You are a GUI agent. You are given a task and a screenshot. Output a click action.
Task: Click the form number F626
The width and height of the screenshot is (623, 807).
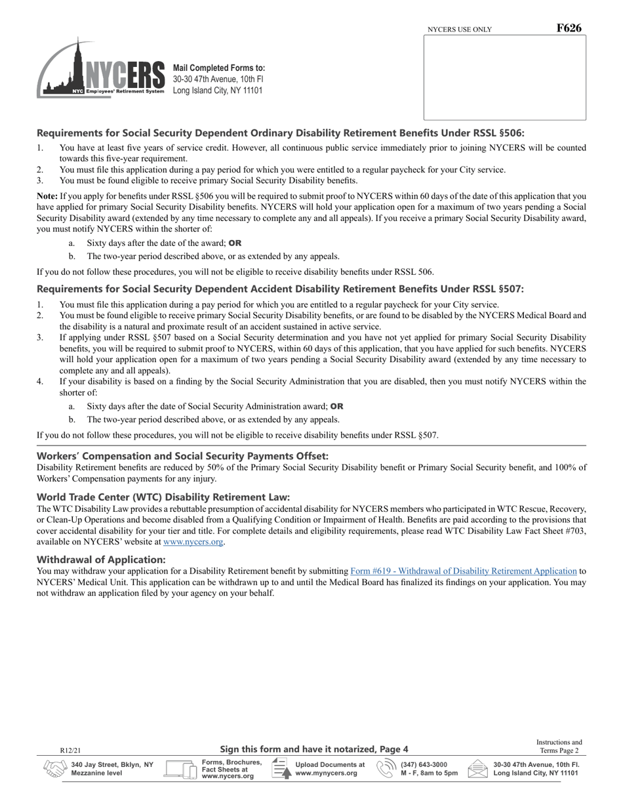569,28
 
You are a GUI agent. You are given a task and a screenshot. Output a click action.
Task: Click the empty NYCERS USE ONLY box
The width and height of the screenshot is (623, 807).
504,77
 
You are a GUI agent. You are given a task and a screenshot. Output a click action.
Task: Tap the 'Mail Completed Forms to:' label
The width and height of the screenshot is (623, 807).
219,68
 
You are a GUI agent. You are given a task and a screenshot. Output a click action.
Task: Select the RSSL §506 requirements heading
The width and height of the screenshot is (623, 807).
281,133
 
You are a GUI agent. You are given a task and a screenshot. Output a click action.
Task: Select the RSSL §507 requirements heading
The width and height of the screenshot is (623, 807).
281,289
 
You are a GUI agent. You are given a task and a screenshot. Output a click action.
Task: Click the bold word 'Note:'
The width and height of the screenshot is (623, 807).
48,196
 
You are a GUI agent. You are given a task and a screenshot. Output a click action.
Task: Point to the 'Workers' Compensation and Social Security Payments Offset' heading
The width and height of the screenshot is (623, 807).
183,456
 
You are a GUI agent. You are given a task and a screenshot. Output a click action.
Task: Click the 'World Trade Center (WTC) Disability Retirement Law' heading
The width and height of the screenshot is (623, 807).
163,497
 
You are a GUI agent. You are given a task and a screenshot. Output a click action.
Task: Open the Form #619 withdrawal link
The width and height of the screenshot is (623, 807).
464,571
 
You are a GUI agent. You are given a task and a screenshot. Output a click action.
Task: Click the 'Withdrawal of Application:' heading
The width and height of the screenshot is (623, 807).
101,560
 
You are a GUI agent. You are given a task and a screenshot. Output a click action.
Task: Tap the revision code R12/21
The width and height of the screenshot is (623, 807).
70,750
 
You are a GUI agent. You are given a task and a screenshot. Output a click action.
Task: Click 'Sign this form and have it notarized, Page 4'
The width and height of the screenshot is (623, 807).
314,749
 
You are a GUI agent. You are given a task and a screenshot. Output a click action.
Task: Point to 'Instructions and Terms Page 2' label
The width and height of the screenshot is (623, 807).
559,747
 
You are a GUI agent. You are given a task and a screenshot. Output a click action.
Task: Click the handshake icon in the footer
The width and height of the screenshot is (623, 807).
55,769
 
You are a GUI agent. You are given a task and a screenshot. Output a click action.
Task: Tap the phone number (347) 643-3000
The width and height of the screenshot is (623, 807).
424,764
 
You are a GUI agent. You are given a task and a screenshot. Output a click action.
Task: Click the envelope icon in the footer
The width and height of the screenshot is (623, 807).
477,769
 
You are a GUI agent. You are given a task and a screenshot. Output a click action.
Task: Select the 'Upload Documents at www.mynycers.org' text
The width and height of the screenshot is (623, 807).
330,769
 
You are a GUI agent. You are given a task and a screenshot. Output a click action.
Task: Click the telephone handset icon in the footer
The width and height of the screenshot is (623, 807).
386,769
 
